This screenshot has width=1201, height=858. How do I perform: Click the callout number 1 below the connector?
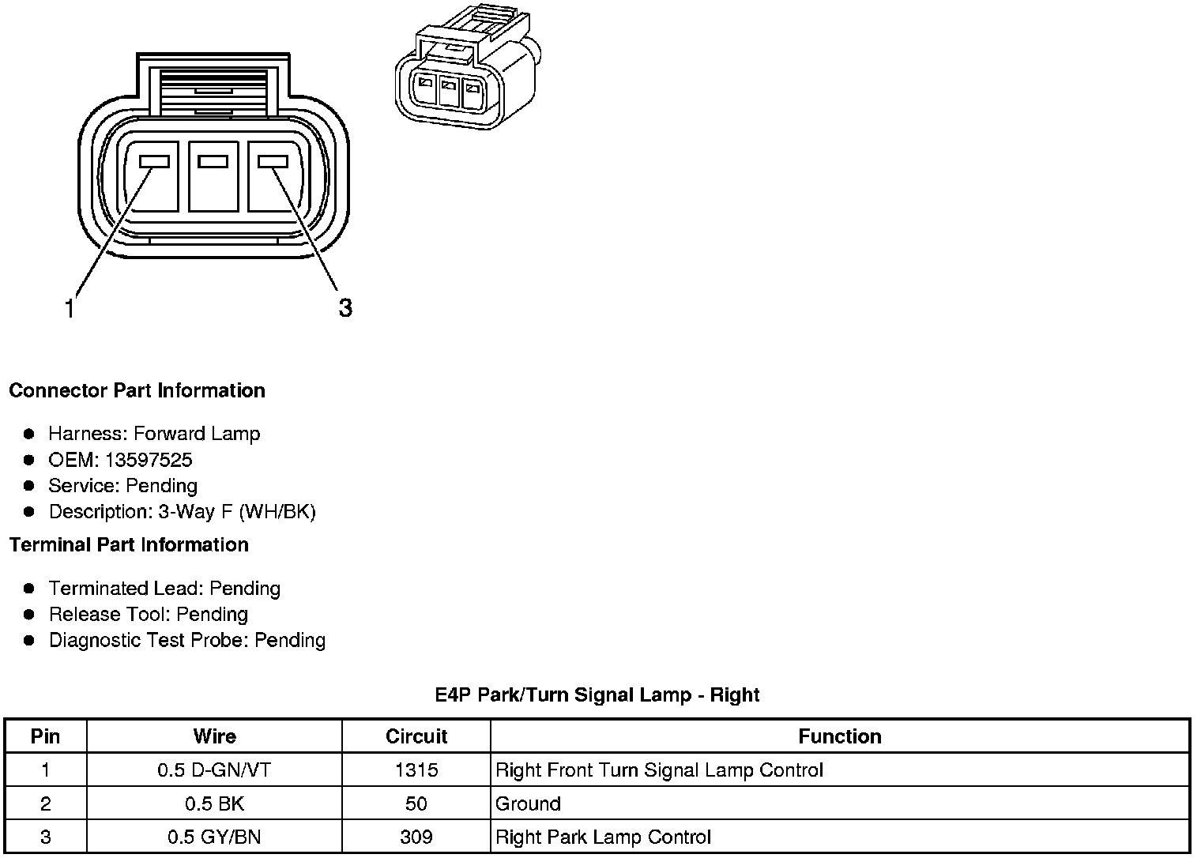pos(70,308)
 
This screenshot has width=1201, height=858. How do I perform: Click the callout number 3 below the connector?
pos(345,307)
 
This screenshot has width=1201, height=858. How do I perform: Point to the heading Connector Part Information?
pos(137,390)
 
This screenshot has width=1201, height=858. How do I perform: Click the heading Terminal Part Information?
pos(129,544)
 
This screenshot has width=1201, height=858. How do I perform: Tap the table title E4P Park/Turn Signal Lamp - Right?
pos(597,694)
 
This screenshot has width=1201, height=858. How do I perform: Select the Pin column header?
pos(45,736)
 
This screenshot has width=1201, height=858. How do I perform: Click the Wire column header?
pos(214,736)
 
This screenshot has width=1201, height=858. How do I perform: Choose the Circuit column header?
pos(416,736)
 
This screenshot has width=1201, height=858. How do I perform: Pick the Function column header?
pos(839,736)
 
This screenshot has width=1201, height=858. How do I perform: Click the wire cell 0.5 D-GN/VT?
pos(214,770)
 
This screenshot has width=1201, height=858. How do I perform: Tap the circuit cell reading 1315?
pos(416,770)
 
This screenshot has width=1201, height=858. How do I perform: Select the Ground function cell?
pos(528,804)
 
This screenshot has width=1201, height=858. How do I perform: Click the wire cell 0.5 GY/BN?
pos(214,837)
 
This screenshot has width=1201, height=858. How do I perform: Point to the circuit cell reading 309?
pos(416,837)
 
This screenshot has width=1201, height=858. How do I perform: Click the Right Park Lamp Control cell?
pos(603,837)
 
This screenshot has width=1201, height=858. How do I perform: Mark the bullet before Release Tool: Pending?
pos(29,614)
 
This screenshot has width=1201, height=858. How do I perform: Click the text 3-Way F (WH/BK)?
pos(237,511)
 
